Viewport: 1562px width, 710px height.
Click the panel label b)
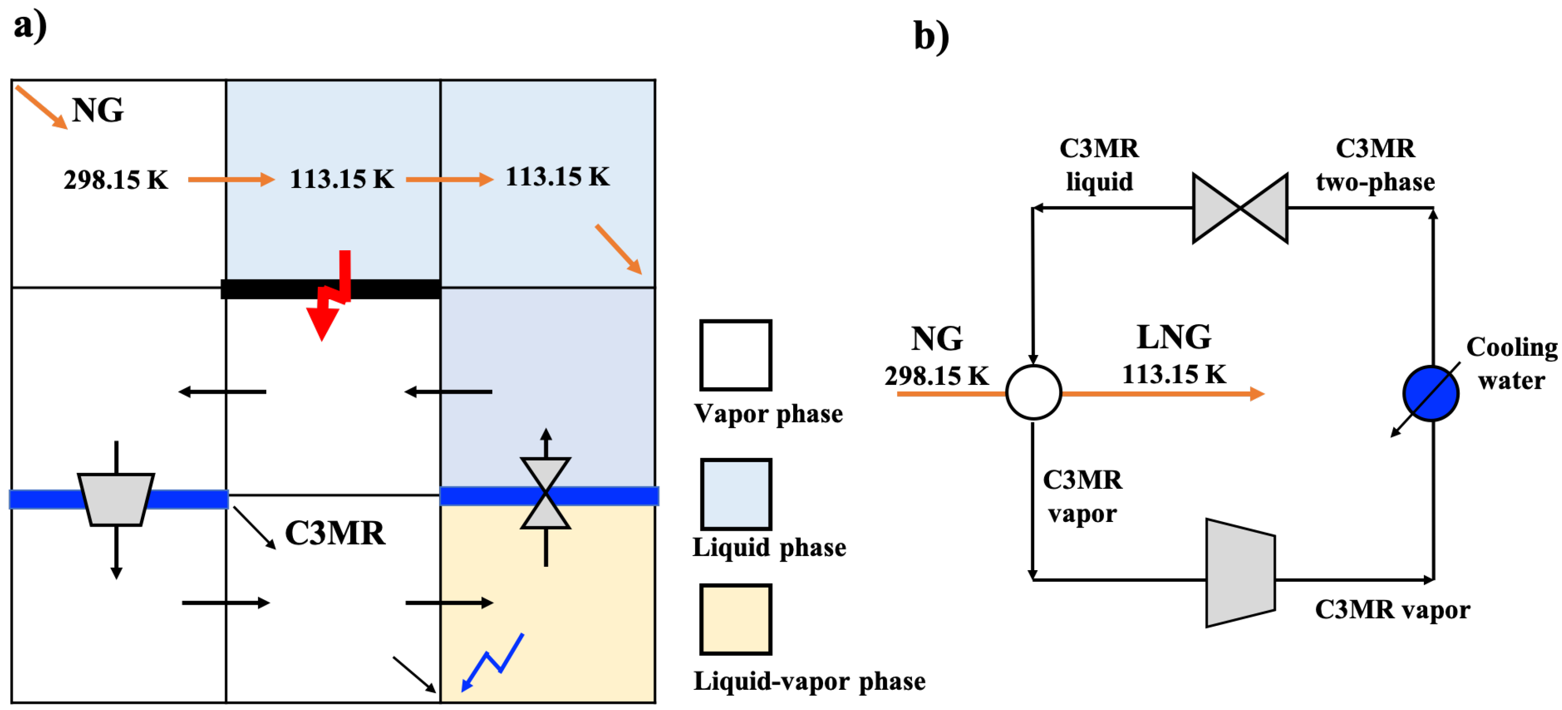pos(931,36)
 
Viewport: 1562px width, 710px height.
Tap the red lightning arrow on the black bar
pos(330,297)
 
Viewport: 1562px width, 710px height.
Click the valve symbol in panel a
pos(545,493)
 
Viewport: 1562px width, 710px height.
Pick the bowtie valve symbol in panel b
pos(1240,208)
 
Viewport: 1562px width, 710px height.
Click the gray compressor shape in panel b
pos(1240,572)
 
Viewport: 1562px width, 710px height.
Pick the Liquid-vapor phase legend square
pos(735,619)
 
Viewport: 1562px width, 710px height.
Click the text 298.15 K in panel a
pos(115,180)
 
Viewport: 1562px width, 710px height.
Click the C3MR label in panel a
pos(335,533)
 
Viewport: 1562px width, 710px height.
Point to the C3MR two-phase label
pos(1375,165)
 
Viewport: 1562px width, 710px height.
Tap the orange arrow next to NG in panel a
pos(41,107)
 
